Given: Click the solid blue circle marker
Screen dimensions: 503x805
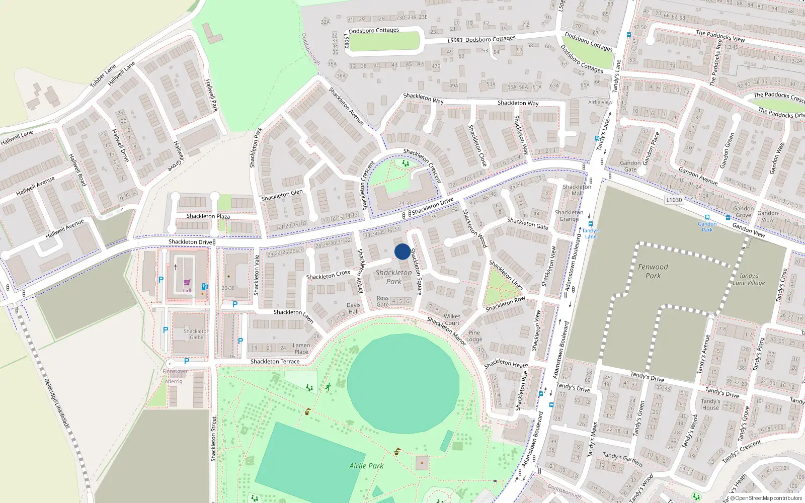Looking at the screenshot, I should coord(402,251).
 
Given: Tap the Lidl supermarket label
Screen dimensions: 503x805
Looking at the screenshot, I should coord(187,290).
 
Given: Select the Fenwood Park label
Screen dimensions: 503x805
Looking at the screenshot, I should coord(653,271).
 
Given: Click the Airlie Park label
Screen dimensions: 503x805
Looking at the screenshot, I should coord(366,466).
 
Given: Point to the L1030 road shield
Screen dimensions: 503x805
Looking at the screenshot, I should coord(674,200).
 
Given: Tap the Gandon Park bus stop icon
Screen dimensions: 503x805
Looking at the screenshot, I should coord(707,218).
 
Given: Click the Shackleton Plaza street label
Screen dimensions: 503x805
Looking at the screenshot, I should coord(208,216).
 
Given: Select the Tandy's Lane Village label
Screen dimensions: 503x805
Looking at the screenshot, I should coord(749,279).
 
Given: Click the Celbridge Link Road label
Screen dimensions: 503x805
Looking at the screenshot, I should coord(56,403).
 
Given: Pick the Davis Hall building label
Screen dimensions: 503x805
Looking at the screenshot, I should coord(353,308).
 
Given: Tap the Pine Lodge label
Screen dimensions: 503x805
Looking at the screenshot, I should coord(474,336).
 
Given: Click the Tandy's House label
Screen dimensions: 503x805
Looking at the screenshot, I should coord(710,404).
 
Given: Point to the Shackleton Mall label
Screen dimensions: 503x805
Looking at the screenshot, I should coord(577,190).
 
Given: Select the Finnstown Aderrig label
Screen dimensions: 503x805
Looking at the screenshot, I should coord(175,376).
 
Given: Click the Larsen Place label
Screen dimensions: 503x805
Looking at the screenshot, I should coord(301,349).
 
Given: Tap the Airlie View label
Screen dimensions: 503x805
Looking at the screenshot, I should coord(600,102).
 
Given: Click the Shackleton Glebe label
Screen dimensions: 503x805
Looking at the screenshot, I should coord(196,334).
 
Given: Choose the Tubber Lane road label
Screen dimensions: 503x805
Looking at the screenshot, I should coord(103,76).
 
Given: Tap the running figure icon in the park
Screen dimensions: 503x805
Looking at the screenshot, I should coord(328,387).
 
